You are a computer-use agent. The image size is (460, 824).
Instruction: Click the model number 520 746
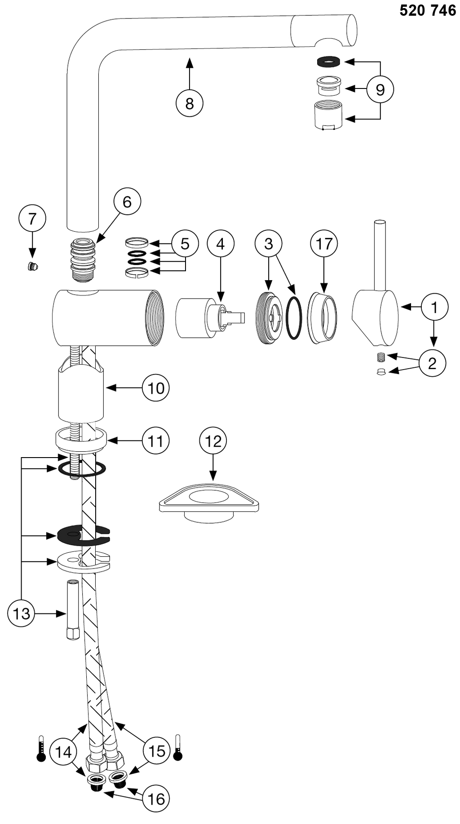(x=428, y=11)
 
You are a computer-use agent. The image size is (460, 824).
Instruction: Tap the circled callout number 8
(x=189, y=103)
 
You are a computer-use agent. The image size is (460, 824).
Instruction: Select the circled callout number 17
(x=324, y=243)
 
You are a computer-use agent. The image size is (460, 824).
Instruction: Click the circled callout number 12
(x=213, y=441)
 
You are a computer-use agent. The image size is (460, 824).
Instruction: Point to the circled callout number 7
(x=32, y=219)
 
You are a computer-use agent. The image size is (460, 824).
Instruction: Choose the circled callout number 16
(x=157, y=799)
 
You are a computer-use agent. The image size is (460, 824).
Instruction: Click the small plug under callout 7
(x=32, y=267)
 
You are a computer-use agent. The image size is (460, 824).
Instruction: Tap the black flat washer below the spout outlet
(x=328, y=61)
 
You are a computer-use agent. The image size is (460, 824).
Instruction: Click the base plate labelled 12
(x=210, y=501)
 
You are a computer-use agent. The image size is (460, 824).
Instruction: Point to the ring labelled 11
(x=81, y=439)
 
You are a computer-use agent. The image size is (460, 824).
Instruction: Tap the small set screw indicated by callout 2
(x=381, y=357)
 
